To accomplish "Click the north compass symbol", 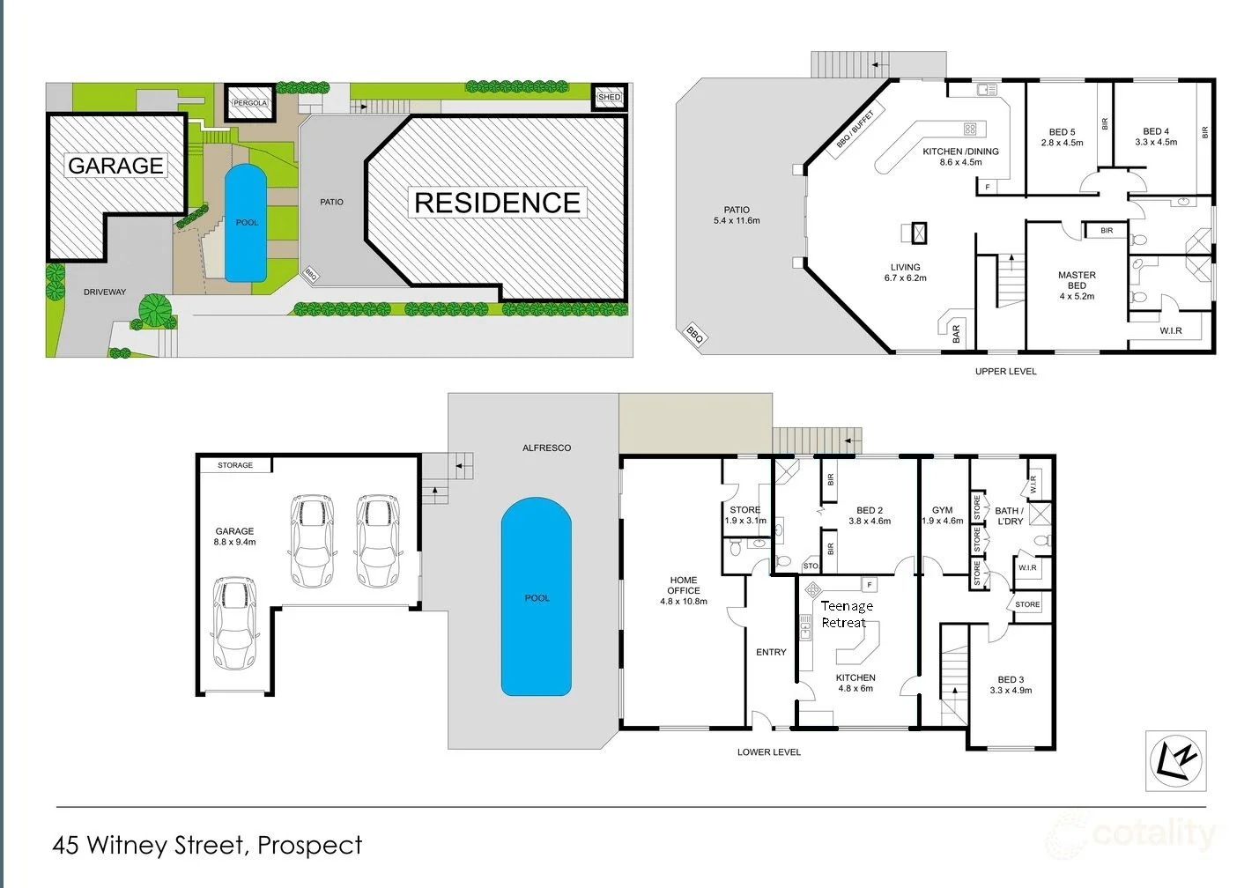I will point(1175,759).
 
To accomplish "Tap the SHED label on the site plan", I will point(610,97).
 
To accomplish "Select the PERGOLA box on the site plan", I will point(249,103).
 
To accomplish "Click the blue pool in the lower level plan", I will point(536,596).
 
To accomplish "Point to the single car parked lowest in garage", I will point(234,624).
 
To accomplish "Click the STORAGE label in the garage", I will point(235,464).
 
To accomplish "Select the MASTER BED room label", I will point(1077,280).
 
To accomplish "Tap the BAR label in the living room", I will point(956,333).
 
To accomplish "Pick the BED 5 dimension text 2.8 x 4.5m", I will point(1062,143).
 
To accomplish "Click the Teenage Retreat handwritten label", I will point(846,614).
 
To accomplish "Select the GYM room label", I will point(942,510).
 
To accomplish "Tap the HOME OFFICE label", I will point(684,586).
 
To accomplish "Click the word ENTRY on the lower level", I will point(771,652).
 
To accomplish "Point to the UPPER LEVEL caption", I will point(1005,371).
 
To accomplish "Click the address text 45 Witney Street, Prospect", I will point(207,845).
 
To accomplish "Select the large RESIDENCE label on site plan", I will point(497,203).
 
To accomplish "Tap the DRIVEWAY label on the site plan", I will point(105,292).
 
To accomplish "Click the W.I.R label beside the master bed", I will point(1170,330).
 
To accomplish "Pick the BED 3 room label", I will point(1011,679).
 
